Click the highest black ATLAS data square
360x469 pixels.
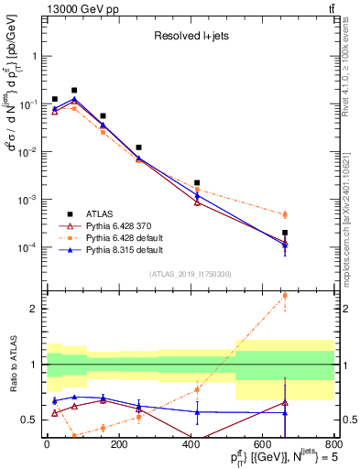pyautogui.click(x=74, y=91)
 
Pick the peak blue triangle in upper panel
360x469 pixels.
pyautogui.click(x=74, y=100)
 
